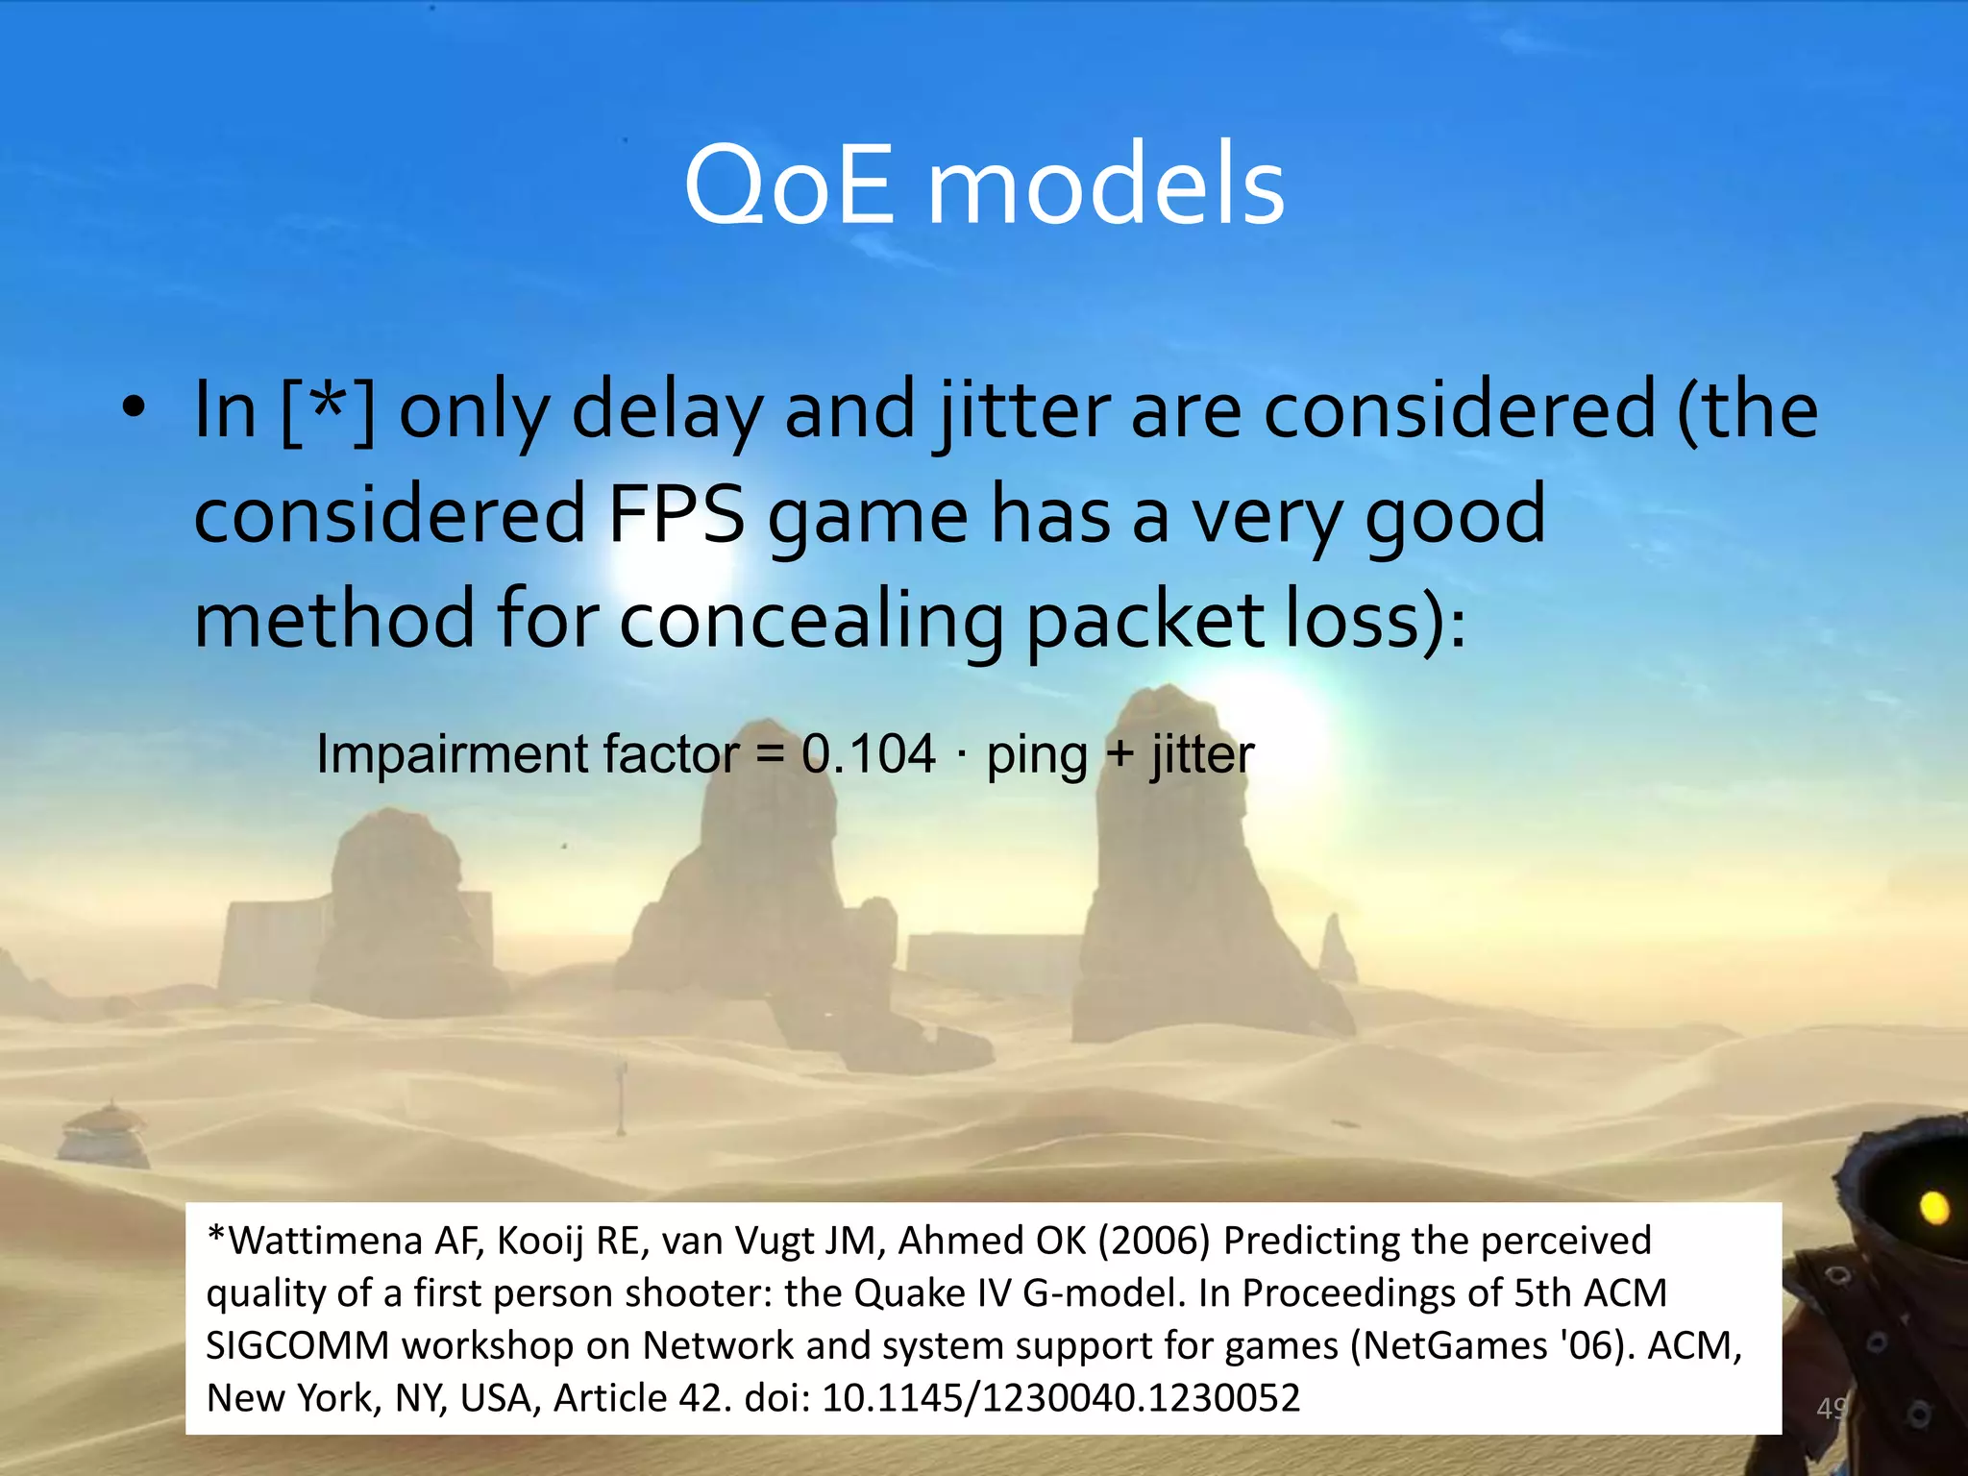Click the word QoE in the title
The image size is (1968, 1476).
tap(788, 184)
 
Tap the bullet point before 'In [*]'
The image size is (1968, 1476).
tap(134, 407)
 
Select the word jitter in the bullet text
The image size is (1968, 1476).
tap(1024, 411)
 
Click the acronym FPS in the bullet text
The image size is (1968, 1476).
tap(676, 515)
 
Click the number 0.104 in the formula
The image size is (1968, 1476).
tap(869, 753)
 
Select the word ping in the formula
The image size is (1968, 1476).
tap(1036, 755)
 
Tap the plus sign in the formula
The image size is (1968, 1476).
tap(1119, 753)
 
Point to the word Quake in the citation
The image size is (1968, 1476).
tap(909, 1293)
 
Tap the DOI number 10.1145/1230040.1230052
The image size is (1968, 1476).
tap(1061, 1397)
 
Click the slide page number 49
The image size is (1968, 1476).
tap(1831, 1408)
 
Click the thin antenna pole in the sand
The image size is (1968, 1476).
tap(622, 1095)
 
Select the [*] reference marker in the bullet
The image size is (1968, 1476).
tap(327, 411)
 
